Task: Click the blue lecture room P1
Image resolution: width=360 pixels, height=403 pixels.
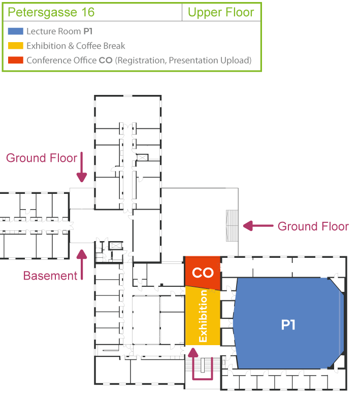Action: click(x=288, y=323)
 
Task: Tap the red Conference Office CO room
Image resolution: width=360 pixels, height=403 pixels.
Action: click(x=203, y=273)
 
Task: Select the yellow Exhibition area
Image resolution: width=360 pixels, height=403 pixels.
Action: click(x=203, y=317)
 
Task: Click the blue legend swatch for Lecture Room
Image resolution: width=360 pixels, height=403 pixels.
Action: click(x=16, y=31)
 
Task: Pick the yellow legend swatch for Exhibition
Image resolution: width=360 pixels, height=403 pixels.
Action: click(x=16, y=46)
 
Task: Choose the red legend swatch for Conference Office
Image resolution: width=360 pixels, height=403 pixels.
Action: click(x=16, y=60)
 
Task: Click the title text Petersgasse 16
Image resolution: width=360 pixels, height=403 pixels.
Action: click(x=51, y=12)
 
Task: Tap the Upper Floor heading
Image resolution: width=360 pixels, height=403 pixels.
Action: click(x=221, y=12)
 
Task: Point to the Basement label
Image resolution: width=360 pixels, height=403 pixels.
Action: click(x=50, y=276)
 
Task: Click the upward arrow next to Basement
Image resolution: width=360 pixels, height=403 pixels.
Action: click(x=82, y=264)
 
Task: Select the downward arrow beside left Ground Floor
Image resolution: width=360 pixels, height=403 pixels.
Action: click(x=82, y=167)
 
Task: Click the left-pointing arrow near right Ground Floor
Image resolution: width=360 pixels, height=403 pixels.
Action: click(x=258, y=226)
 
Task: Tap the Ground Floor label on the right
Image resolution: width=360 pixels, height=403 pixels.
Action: click(x=313, y=226)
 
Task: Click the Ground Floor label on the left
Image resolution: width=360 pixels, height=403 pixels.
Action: click(x=42, y=158)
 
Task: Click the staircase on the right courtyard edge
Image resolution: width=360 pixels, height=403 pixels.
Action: click(x=232, y=226)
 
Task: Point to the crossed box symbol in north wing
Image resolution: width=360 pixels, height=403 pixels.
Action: click(x=143, y=157)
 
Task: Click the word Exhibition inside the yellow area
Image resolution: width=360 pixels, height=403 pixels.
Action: click(x=203, y=316)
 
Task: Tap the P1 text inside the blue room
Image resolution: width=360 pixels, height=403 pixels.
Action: click(x=288, y=325)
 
